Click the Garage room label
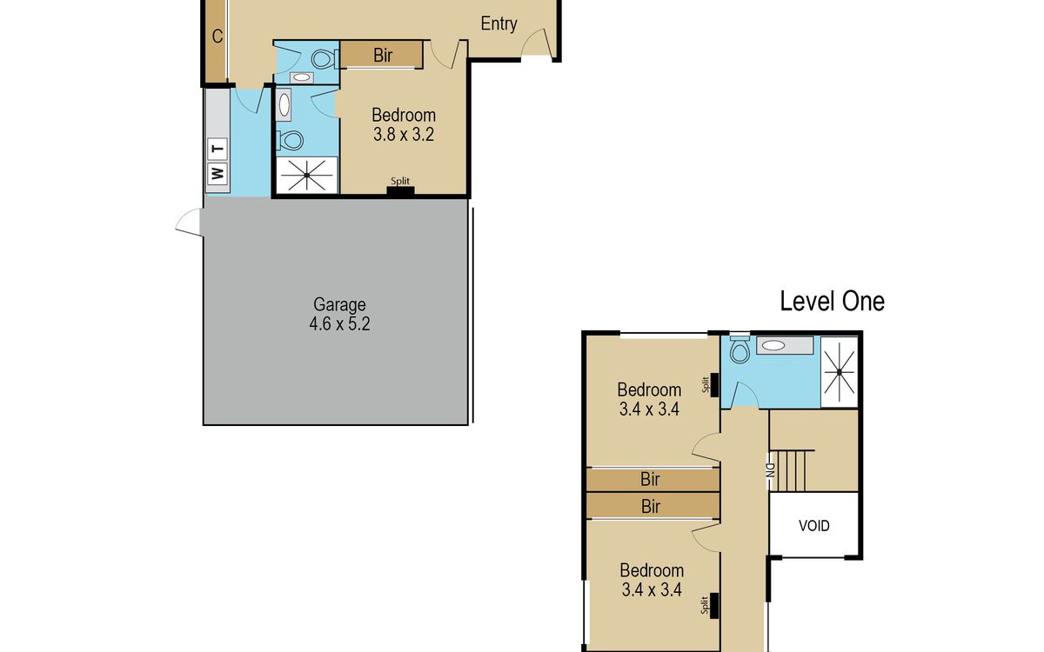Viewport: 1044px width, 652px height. coord(339,304)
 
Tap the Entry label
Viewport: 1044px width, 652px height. coord(499,23)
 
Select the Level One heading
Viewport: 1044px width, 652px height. coord(832,302)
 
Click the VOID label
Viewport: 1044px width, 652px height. coord(813,526)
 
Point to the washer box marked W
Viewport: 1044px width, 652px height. coord(217,174)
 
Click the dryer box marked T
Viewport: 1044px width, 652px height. coord(217,149)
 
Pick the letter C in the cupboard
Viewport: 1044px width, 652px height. coord(217,37)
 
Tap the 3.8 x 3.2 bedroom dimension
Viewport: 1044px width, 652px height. coord(404,135)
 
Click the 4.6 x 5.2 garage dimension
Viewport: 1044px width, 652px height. coord(339,323)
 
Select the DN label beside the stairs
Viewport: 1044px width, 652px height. coord(770,470)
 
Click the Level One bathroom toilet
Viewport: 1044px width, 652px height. coord(739,349)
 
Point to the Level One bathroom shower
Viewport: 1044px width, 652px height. coord(839,372)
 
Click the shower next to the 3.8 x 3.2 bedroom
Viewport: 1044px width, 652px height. coord(306,175)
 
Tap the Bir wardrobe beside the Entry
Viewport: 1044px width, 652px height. coord(382,55)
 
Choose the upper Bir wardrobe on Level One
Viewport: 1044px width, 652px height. coord(652,480)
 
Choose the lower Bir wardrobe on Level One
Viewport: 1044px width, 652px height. coord(652,506)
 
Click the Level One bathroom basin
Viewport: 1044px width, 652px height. coord(785,345)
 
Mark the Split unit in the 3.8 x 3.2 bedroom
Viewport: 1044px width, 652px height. coord(400,190)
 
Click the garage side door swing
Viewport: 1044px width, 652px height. coord(189,222)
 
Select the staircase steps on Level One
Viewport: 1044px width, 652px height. coord(792,470)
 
